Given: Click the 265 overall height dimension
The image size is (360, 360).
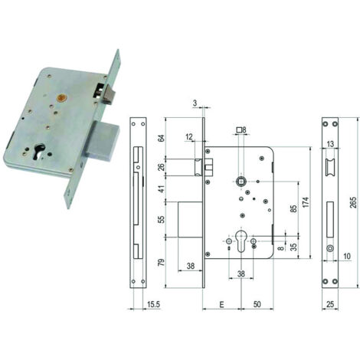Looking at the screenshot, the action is click(x=353, y=203).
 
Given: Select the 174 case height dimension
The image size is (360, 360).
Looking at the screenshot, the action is click(x=306, y=202).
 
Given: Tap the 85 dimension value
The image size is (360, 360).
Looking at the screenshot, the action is click(x=294, y=209).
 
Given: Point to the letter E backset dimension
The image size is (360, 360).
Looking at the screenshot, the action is click(x=221, y=304).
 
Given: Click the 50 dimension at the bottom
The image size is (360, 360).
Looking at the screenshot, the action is click(x=257, y=304).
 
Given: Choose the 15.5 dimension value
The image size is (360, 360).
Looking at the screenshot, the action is click(x=153, y=304).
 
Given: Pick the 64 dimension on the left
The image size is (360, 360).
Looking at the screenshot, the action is click(x=162, y=138).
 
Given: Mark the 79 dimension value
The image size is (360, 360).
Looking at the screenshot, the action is click(x=162, y=263).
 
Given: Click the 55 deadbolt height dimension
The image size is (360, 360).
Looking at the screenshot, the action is click(x=162, y=219).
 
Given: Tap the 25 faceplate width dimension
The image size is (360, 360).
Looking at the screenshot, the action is click(x=330, y=304).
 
